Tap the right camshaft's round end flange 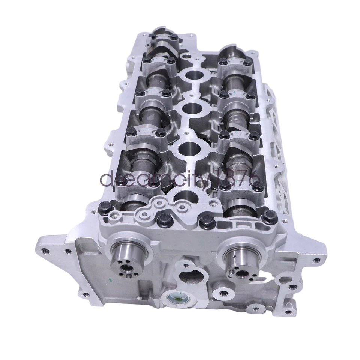coord(240,260)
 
